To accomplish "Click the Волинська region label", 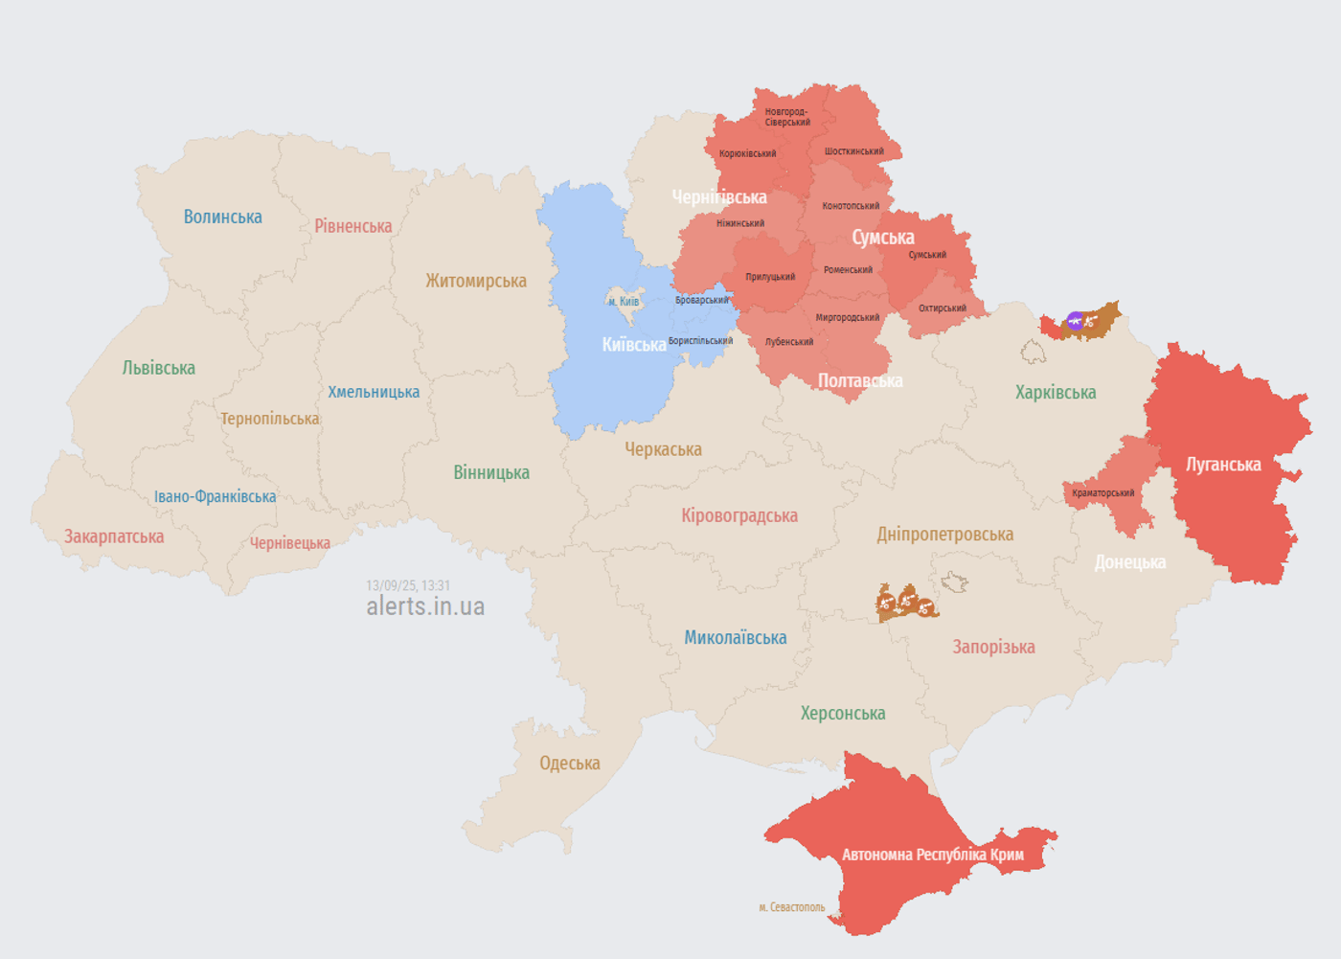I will coord(222,217).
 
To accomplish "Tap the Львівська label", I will coord(158,368).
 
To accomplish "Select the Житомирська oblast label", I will coord(476,281).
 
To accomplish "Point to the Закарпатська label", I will coord(114,537).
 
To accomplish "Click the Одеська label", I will coord(569,764).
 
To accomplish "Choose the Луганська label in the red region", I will coord(1223,465).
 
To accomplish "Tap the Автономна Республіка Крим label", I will coord(932,855).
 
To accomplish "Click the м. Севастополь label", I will coord(791,907).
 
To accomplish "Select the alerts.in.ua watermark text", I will coord(425,606).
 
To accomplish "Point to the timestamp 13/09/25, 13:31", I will coord(408,585).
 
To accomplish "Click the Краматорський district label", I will coord(1102,493).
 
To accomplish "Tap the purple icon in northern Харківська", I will coord(1076,321).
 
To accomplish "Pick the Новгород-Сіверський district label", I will coord(786,117).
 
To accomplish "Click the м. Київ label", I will coord(624,302).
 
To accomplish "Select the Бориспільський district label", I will coord(700,341).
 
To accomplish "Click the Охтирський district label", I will coord(942,308).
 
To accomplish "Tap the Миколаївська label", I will coord(735,638).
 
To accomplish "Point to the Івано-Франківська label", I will coord(215,496).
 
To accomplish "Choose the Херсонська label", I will coord(842,714).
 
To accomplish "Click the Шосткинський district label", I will coord(853,151).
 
